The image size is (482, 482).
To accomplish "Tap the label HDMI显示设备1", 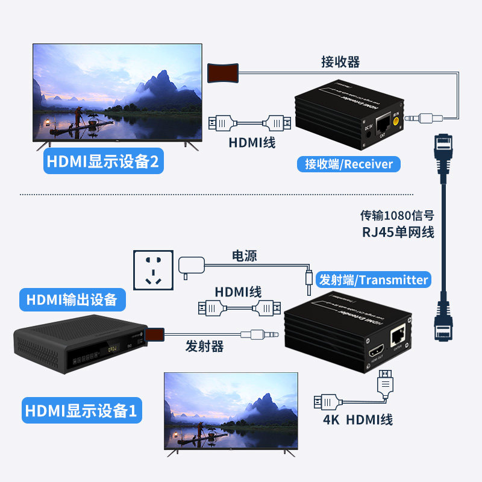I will [81, 411].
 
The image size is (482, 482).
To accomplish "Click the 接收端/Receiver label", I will [349, 163].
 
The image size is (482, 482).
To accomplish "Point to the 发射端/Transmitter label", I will [373, 280].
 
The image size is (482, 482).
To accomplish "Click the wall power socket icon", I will [153, 269].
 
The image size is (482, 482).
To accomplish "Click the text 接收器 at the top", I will [340, 61].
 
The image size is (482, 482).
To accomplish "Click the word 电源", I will [245, 256].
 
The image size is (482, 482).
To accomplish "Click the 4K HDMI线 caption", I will [358, 419].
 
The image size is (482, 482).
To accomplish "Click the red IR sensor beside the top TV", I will [222, 72].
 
